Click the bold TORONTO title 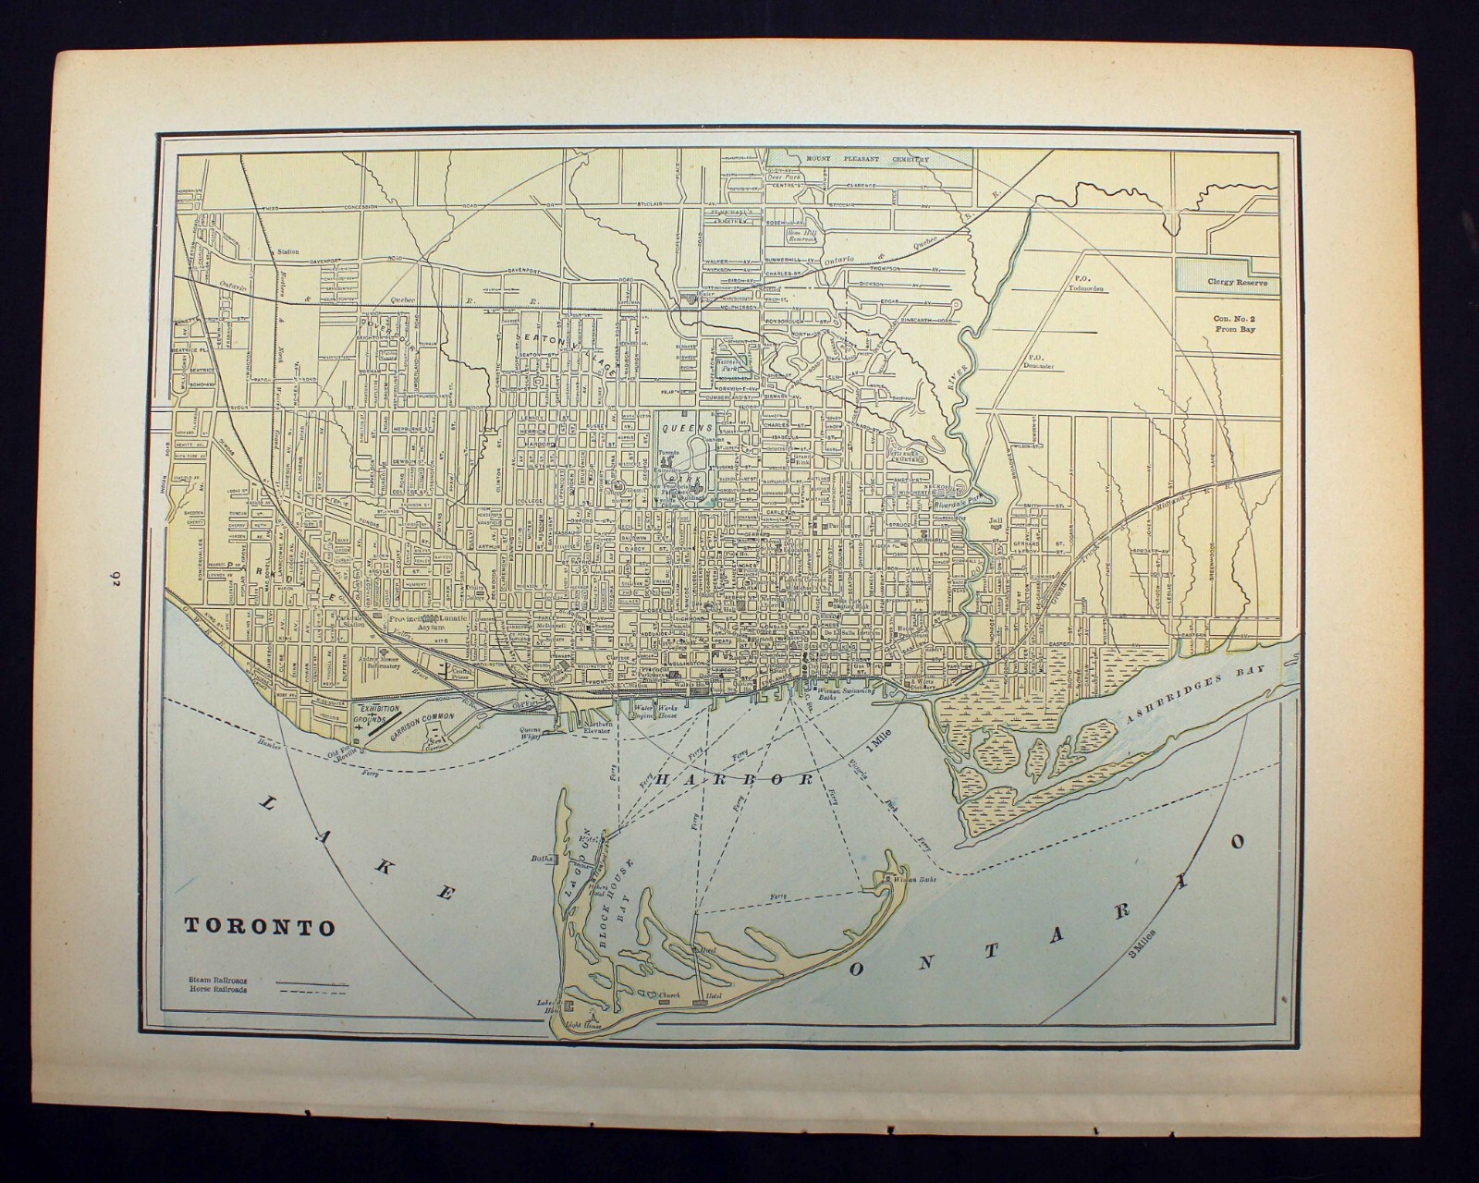260,927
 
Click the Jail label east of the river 995,522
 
